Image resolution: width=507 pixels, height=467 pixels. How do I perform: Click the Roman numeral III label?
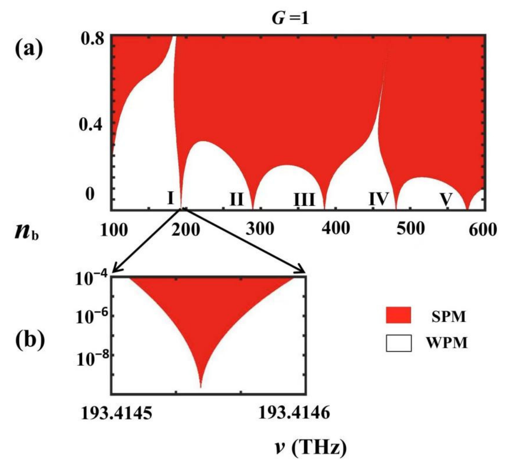point(304,200)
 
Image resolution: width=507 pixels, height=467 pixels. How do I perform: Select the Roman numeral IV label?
point(378,199)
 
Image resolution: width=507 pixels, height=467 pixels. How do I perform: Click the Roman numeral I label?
point(170,198)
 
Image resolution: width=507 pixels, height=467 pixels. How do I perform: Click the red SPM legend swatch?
point(398,315)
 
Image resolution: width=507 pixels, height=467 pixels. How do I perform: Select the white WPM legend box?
point(398,343)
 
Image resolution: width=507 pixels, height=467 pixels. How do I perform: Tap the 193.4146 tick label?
point(294,413)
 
